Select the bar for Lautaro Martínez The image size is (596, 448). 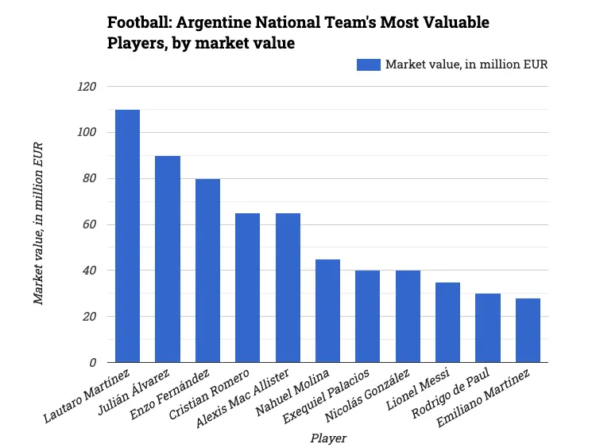click(x=127, y=236)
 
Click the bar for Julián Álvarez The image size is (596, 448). click(x=168, y=259)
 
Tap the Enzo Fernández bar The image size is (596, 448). click(x=207, y=271)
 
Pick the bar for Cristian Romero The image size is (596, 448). click(x=247, y=288)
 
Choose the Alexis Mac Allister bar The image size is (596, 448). click(x=288, y=288)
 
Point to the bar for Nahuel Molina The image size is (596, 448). click(x=327, y=311)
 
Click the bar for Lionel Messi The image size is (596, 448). click(x=447, y=322)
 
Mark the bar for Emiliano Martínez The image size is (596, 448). click(x=528, y=330)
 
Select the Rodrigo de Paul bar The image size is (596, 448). click(x=488, y=328)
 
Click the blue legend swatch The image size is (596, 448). click(x=369, y=64)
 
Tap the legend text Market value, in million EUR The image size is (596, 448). click(x=466, y=64)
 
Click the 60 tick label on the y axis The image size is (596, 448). click(x=88, y=225)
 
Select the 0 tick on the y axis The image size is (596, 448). click(x=92, y=363)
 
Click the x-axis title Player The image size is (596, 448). click(x=328, y=438)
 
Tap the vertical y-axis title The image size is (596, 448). click(x=38, y=224)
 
